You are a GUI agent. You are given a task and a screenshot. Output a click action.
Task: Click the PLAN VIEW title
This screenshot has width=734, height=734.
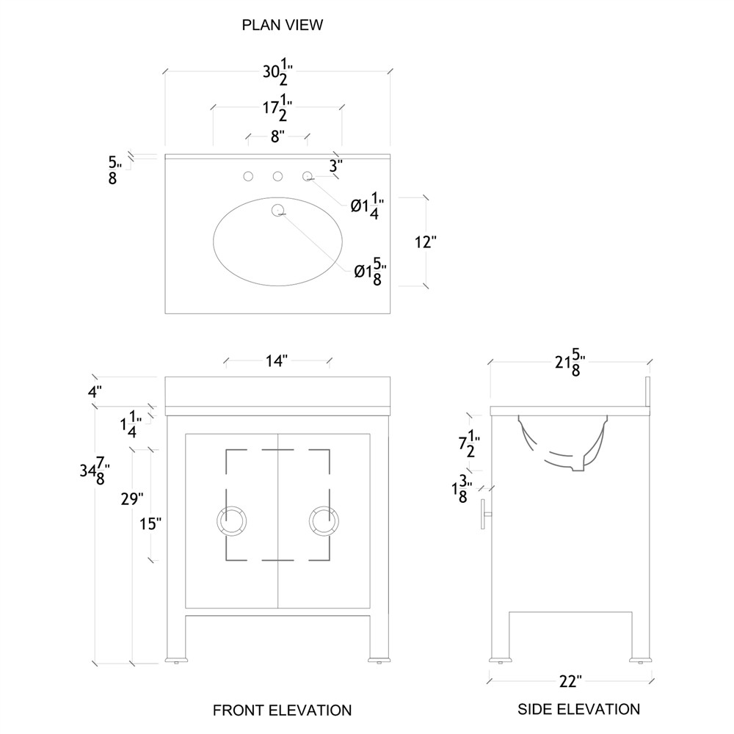coord(283,25)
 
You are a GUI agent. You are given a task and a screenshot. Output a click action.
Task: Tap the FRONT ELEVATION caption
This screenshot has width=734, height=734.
coord(282,710)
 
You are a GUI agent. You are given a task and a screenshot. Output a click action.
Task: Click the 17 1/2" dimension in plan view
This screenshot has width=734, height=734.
coord(277,110)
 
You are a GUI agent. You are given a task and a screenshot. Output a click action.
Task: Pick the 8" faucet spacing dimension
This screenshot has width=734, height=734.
coord(277,136)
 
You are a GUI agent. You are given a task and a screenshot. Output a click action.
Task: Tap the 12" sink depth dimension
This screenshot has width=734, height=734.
coord(425,242)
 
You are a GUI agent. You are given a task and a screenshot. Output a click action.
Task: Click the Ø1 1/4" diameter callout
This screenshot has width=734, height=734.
coord(367,206)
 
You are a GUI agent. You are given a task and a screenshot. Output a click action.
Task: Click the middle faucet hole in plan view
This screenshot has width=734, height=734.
coord(277,176)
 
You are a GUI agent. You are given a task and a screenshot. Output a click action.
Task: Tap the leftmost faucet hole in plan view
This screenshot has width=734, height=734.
coord(248,176)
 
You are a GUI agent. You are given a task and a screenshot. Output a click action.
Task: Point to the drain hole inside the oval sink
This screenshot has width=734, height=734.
coord(277,211)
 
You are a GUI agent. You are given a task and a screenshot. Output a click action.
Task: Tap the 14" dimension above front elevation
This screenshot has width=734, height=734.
coord(277,360)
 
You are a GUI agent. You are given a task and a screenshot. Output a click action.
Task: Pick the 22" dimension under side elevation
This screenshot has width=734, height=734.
coord(570,681)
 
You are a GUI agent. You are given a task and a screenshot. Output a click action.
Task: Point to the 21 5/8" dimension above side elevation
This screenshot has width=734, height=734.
coord(569,363)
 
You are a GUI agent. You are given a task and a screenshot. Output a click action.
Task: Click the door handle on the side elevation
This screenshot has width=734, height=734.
coord(485,513)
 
